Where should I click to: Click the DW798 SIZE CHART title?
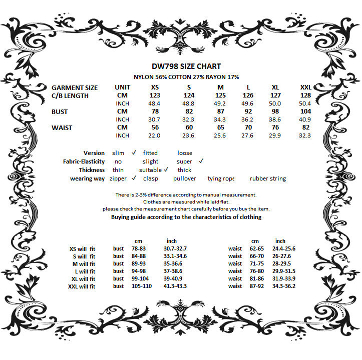click(186, 66)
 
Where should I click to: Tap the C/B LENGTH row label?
click(70, 95)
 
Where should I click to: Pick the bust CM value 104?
click(306, 111)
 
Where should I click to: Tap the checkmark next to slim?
click(134, 152)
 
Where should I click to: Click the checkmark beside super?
click(201, 161)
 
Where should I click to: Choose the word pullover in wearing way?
click(185, 178)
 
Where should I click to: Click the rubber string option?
click(268, 178)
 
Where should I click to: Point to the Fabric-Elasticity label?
click(84, 161)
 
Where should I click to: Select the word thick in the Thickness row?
click(184, 170)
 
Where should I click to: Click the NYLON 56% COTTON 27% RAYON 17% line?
click(186, 77)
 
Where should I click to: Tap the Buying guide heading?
click(186, 217)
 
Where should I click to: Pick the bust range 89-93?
click(139, 263)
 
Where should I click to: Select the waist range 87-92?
click(256, 286)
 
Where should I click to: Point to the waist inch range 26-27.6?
click(284, 256)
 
